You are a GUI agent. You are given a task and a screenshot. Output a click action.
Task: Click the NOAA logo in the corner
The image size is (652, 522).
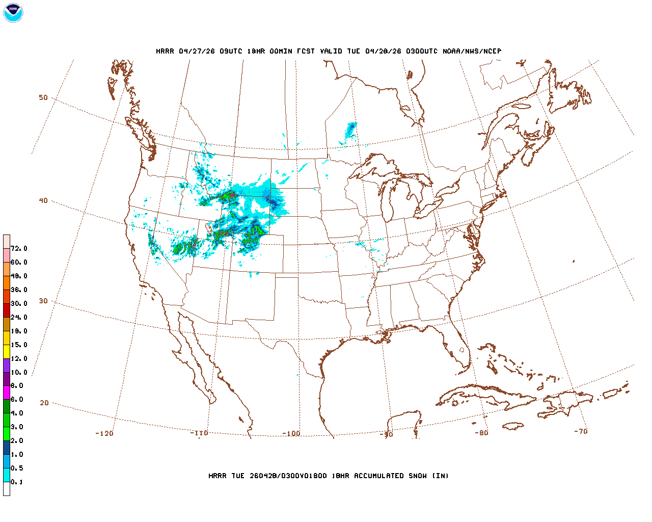13,13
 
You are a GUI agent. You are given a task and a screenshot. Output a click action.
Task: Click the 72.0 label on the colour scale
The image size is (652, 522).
19,249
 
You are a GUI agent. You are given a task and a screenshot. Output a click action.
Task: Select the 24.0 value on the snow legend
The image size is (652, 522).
19,317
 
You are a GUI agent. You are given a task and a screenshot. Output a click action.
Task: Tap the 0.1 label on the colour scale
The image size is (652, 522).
17,482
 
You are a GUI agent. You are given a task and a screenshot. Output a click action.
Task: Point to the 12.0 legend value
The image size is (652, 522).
19,358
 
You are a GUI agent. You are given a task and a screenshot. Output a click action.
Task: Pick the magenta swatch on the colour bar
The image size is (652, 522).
7,393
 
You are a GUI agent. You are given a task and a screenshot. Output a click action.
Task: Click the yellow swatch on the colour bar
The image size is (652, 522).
7,351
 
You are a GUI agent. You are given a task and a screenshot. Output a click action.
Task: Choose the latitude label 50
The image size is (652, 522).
43,97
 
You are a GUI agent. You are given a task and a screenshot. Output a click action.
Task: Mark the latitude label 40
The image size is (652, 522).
43,200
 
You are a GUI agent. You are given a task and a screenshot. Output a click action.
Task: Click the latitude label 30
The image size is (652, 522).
43,301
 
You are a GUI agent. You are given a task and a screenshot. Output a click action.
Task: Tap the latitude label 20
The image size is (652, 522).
44,403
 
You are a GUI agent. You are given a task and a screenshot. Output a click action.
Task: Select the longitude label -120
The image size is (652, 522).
104,433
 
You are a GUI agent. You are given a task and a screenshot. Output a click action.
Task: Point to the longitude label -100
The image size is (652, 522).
291,433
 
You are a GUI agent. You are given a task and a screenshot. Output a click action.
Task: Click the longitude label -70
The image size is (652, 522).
581,431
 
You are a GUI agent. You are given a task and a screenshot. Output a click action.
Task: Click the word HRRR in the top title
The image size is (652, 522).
165,51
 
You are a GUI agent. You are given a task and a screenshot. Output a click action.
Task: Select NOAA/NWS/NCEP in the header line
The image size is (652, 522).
472,51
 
